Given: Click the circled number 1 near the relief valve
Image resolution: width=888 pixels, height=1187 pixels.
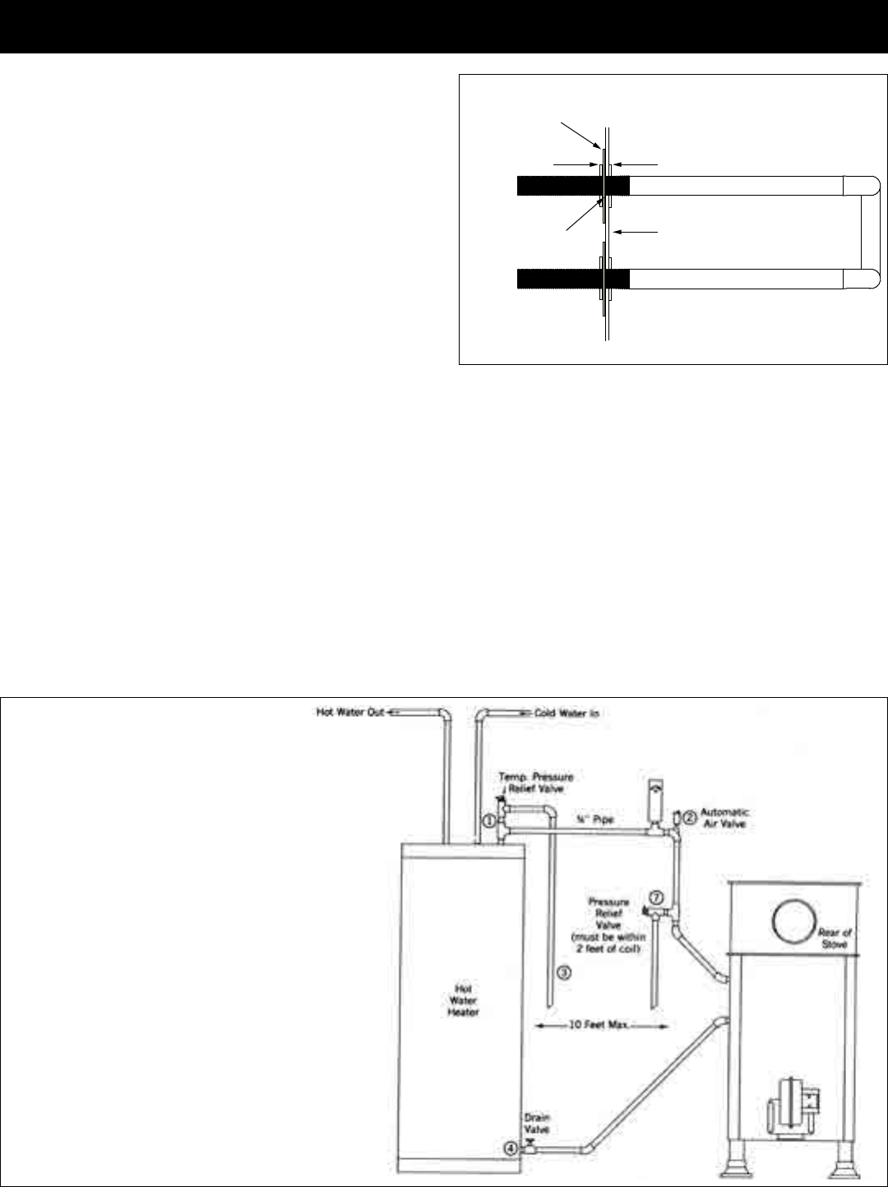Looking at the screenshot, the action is click(x=488, y=820).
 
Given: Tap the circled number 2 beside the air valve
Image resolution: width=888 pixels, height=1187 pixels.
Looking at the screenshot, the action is click(x=690, y=816).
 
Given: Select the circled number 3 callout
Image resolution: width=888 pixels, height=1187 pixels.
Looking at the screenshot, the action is click(x=564, y=972).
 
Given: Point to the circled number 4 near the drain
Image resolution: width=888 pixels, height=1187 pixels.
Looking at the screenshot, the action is click(x=511, y=1148).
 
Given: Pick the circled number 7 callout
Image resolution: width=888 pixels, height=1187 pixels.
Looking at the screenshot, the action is click(x=656, y=896).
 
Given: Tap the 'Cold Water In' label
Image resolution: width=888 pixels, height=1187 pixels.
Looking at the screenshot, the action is click(x=567, y=713).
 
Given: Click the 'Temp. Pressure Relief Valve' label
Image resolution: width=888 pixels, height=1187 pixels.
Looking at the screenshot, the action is click(x=536, y=782).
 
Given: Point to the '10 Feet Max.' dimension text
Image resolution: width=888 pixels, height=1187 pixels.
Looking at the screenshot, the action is click(x=598, y=1026).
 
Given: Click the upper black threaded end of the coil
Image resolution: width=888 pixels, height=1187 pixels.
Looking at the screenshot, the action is click(x=572, y=185).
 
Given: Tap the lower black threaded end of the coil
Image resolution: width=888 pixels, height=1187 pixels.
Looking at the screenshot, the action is click(x=572, y=279).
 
